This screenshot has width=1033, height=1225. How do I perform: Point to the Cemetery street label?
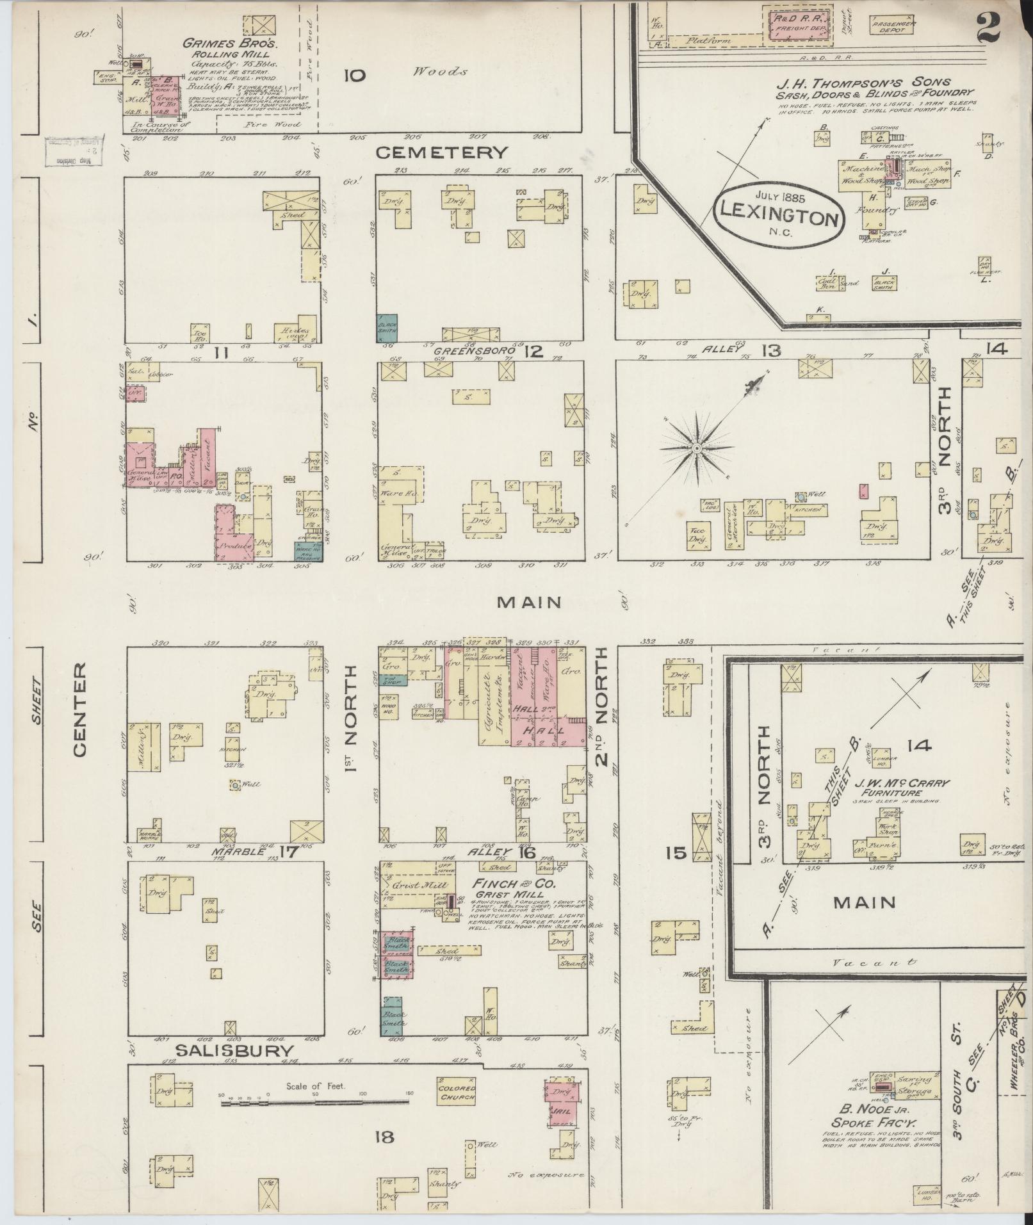coord(441,152)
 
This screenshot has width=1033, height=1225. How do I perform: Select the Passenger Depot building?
coord(893,26)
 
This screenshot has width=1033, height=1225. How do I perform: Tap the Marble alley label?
coord(243,852)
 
